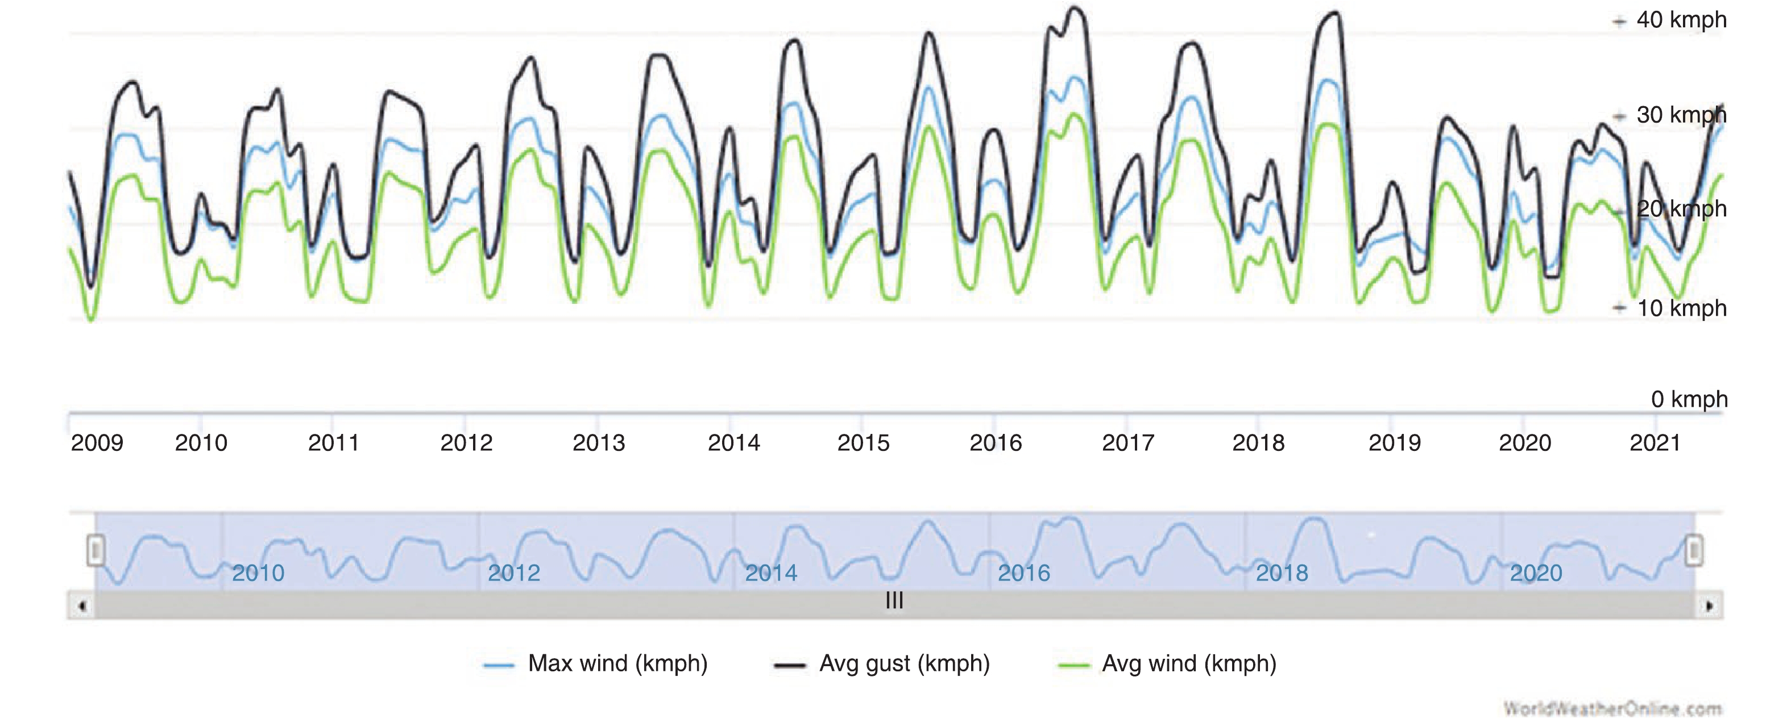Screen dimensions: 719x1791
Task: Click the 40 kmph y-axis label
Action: coord(1681,20)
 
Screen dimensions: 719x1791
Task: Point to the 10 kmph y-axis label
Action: coord(1681,308)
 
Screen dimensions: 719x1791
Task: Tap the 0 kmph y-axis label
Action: coord(1688,399)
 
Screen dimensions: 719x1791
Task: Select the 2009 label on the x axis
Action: coord(97,443)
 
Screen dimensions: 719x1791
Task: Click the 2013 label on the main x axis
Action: coord(599,443)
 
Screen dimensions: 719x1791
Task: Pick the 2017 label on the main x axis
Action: coord(1127,443)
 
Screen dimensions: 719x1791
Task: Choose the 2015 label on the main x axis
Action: coord(863,443)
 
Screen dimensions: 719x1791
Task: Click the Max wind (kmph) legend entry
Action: coord(617,663)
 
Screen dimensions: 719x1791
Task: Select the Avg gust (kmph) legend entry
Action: coord(904,663)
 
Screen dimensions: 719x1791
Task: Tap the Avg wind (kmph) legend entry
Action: coord(1188,663)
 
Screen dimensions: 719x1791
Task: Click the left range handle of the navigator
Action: coord(96,550)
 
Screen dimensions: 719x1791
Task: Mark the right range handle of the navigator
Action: coord(1694,550)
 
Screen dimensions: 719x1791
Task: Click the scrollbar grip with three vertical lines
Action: coord(895,601)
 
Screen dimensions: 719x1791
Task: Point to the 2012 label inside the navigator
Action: coord(514,573)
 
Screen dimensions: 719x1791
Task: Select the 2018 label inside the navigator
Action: coord(1282,573)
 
